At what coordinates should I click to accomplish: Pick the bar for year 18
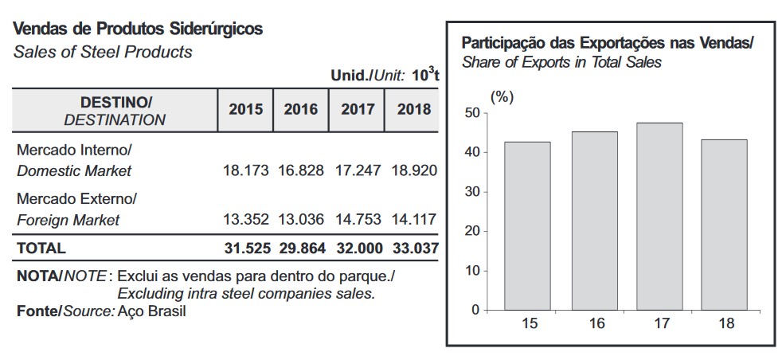click(724, 225)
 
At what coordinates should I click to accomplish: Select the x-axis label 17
click(659, 323)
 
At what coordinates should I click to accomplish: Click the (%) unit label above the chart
click(502, 97)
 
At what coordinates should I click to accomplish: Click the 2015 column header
click(245, 110)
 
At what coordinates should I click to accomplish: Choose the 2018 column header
click(413, 110)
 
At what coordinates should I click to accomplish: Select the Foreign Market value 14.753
click(356, 219)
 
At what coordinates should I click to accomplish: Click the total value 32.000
click(356, 248)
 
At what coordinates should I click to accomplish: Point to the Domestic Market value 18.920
click(413, 170)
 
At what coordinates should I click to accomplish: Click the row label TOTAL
click(42, 248)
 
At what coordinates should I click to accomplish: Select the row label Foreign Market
click(68, 220)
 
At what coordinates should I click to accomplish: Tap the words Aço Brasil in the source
click(151, 311)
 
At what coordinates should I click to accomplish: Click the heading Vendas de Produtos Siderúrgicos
click(139, 29)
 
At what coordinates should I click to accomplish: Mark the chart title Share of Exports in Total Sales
click(561, 62)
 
